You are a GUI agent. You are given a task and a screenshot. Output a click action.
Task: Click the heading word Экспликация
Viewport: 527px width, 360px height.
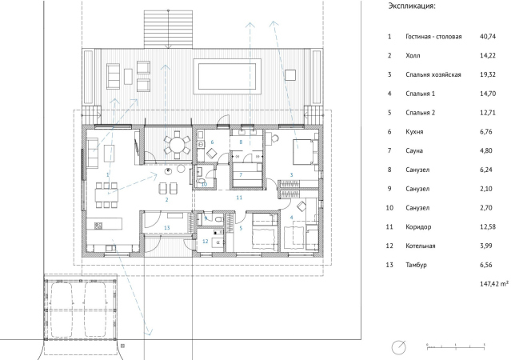click(412, 6)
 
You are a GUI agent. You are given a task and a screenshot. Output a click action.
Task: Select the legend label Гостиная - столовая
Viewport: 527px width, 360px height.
click(433, 36)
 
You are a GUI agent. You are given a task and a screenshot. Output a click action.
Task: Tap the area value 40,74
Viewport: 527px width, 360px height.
click(488, 36)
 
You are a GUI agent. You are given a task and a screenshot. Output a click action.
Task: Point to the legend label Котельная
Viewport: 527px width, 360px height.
click(420, 246)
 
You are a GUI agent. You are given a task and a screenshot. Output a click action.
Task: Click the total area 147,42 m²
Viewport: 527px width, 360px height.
click(494, 284)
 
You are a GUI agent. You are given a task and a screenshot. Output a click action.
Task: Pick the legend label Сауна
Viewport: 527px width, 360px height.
click(414, 150)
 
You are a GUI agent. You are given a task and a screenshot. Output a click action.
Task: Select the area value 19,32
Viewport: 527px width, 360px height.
click(488, 74)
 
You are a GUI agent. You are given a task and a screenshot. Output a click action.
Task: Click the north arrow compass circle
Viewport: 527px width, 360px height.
click(399, 347)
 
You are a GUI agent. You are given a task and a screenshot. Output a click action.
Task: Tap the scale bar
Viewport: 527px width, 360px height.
click(456, 347)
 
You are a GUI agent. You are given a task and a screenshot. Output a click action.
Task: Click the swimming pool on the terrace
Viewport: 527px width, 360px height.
click(227, 77)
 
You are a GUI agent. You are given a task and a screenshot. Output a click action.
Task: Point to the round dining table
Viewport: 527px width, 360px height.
click(177, 145)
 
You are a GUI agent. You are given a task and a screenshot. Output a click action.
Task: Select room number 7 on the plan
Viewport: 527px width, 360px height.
click(241, 174)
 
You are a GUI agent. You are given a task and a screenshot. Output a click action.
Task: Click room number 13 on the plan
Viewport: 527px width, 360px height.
click(167, 227)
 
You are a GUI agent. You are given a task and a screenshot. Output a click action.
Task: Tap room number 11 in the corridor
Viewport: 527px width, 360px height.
click(239, 198)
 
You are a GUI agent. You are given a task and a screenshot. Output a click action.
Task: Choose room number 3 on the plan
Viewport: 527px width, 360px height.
click(291, 174)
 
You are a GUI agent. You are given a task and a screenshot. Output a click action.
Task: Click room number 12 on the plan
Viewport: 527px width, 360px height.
click(206, 241)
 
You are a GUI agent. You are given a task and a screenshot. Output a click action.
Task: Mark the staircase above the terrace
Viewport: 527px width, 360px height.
click(169, 29)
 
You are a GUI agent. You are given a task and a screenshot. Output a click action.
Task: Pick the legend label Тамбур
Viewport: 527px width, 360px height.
click(416, 265)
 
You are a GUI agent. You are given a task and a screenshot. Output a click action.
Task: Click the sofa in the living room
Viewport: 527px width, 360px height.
click(93, 154)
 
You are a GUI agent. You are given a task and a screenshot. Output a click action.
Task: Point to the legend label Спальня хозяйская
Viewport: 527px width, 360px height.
click(433, 74)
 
